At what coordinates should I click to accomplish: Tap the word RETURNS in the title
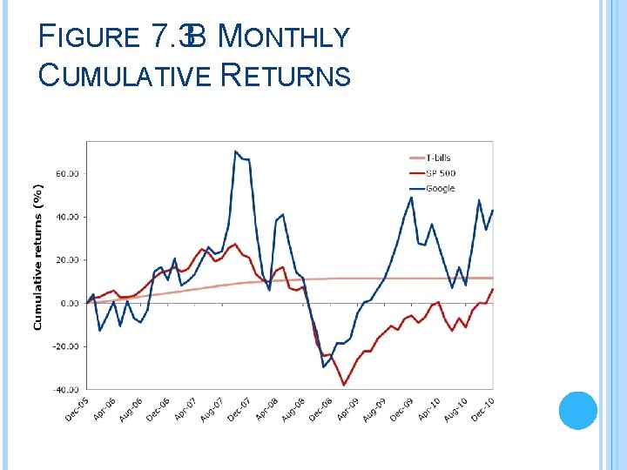point(287,76)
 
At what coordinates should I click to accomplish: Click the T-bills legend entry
point(439,158)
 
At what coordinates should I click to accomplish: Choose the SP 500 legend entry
point(441,173)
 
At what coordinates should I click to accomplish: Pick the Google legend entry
point(440,188)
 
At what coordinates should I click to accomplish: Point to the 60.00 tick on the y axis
point(67,173)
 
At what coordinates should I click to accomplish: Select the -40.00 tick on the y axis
point(66,389)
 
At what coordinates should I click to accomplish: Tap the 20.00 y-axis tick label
point(67,259)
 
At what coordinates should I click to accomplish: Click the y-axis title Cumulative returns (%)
point(37,257)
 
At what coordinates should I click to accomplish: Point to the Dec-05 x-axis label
point(78,409)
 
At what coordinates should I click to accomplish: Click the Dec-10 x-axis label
point(482,409)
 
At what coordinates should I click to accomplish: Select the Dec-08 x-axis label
point(320,409)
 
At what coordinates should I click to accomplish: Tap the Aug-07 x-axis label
point(212,409)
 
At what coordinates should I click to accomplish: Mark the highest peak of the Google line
point(235,151)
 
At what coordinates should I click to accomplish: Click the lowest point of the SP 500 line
point(344,385)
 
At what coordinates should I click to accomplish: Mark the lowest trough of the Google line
point(323,366)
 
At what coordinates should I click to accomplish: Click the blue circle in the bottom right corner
point(576,411)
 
